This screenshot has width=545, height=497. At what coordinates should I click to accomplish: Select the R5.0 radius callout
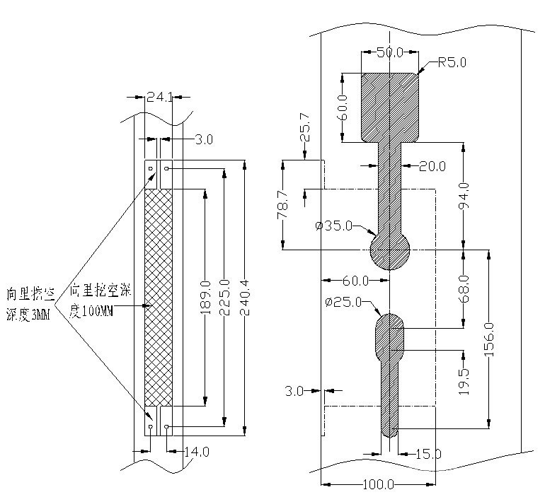[452, 62]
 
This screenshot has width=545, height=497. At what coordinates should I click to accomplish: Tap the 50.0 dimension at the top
[389, 52]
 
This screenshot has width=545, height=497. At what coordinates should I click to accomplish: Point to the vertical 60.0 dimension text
[343, 107]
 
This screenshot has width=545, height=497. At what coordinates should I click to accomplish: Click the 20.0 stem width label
[432, 166]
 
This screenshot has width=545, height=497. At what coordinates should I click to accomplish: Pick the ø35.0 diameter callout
[333, 226]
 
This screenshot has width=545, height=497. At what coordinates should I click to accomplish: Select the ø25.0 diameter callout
[343, 303]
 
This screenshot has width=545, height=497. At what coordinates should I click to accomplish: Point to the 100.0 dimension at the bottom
[379, 485]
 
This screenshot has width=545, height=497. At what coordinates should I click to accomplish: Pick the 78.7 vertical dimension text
[282, 205]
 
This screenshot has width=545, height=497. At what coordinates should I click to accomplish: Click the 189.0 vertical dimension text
[205, 297]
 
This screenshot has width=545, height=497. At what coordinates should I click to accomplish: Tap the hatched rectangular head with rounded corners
[389, 106]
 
